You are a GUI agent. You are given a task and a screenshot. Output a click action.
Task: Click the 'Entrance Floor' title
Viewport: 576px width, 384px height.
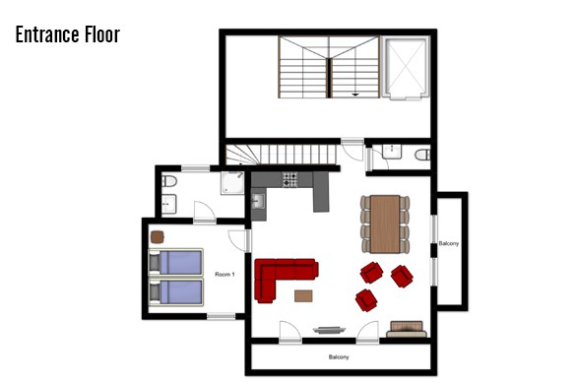pos(68,34)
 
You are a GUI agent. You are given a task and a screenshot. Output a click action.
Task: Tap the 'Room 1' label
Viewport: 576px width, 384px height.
pos(224,274)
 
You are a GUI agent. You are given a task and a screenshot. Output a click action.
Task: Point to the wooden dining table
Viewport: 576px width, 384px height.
pos(385,224)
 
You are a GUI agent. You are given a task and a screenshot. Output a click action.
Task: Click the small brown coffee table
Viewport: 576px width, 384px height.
pos(303,295)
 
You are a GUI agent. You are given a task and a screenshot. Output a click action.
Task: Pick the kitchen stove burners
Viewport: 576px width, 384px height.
pos(289,179)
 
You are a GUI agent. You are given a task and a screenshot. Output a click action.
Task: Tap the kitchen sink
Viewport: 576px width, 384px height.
pos(258,201)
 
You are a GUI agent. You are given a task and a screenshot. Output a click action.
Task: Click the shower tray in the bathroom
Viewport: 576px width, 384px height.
pos(232,182)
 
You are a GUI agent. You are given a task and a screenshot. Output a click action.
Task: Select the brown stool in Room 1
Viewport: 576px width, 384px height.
pos(158,237)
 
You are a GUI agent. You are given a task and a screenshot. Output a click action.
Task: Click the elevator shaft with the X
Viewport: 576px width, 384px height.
pos(406,67)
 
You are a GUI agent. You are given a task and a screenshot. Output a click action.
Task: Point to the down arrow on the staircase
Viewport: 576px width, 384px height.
pos(355,95)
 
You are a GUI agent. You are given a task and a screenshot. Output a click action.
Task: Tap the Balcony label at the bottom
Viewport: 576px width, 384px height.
pos(339,357)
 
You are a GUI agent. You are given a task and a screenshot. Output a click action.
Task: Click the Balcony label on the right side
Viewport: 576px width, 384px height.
pos(449,243)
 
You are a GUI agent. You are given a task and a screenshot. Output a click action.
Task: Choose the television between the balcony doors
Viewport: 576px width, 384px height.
pos(329,330)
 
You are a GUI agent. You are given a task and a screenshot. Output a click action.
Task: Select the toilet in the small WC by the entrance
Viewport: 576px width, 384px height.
pos(422,155)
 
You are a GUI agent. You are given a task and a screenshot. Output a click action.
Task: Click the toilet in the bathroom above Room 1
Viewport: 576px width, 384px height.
pos(169,181)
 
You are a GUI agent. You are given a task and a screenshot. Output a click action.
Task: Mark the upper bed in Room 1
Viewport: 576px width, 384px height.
pos(175,262)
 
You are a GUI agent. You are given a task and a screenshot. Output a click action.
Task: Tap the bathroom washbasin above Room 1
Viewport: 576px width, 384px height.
pos(169,204)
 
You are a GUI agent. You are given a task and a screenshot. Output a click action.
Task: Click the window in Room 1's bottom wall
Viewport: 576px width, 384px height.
pos(222,316)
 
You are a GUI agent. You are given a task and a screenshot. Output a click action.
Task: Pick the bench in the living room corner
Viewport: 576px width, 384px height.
pos(407,329)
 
